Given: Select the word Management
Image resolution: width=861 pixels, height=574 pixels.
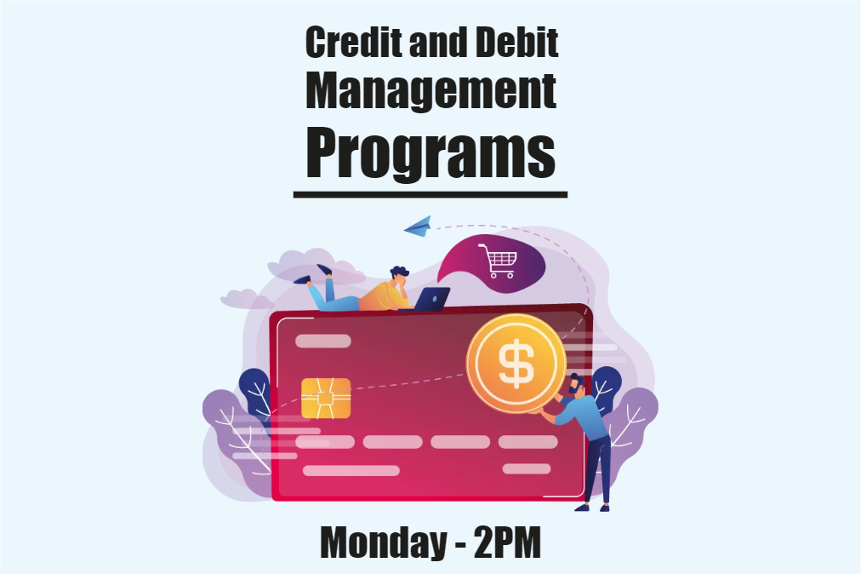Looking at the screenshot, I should (430, 92).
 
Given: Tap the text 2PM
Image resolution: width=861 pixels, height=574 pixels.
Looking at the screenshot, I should (507, 542).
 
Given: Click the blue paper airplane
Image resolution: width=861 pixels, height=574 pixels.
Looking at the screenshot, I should (418, 227).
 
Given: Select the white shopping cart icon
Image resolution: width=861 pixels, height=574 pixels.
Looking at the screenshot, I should (496, 261).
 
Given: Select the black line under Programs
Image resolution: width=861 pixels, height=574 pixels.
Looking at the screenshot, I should (430, 195).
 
